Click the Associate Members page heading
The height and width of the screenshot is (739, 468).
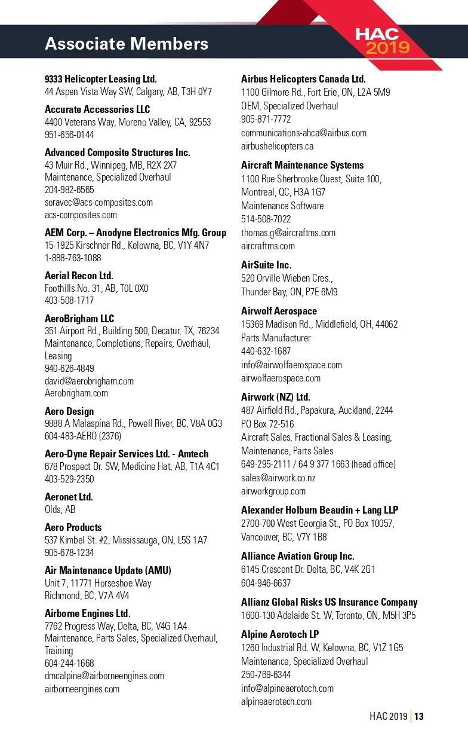pos(127,44)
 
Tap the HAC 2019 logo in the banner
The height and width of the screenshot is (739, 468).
pos(384,41)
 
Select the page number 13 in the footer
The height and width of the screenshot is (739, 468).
pos(419,716)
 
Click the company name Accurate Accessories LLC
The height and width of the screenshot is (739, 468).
pos(97,109)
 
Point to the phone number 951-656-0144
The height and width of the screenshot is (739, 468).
pos(69,135)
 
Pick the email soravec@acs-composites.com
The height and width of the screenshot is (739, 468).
pos(98,202)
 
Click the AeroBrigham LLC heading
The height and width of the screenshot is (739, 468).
pos(79,319)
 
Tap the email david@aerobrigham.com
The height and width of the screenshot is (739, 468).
pos(89,381)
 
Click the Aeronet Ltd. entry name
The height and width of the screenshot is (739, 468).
pos(69,497)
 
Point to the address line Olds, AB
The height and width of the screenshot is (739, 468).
pos(60,509)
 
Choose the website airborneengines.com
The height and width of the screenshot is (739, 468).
pos(82,689)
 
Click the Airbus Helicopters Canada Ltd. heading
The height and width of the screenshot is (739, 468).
pos(303,79)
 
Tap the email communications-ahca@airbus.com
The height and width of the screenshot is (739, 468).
pos(304,133)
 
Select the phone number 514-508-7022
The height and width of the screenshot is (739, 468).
pos(266,219)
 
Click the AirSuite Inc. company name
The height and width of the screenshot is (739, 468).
pos(266,265)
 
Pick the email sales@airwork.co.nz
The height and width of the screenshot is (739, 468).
pos(278,478)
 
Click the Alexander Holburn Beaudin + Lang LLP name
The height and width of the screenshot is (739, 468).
pos(319,510)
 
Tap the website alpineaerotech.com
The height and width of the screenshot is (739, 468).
pos(276,701)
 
